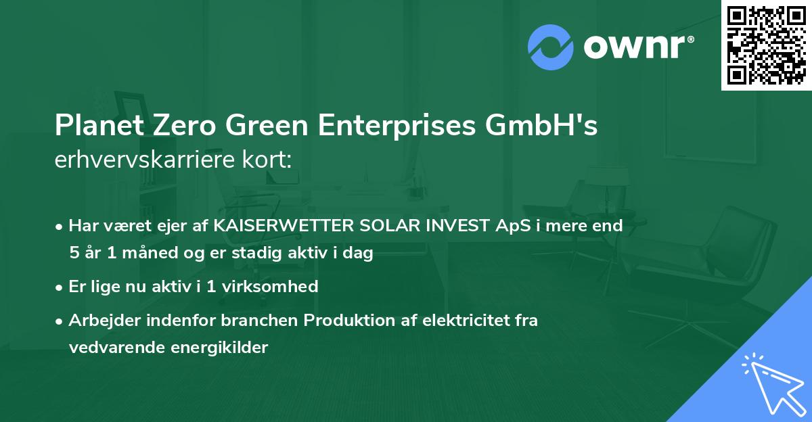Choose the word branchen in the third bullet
coord(266,321)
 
